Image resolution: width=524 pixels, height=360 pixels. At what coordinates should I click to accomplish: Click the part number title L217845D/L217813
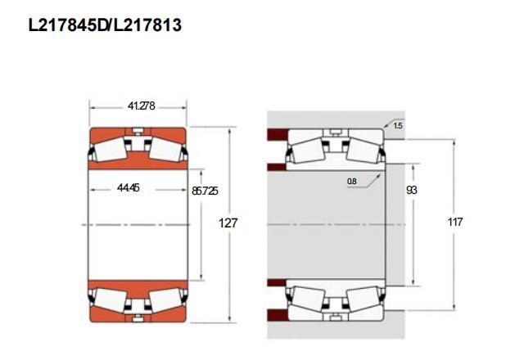point(105,25)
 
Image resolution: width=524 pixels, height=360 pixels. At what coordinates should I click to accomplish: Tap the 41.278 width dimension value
point(141,106)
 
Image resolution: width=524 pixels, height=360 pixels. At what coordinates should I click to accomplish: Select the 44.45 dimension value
point(128,187)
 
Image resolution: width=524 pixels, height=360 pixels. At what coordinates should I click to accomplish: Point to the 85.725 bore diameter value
point(205,191)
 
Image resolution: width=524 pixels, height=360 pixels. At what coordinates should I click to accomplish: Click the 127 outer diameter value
point(228,223)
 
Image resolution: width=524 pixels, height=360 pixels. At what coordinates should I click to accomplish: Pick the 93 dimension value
point(411,190)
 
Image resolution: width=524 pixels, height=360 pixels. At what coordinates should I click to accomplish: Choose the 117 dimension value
point(455,222)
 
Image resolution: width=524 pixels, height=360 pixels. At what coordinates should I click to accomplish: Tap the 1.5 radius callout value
point(398,126)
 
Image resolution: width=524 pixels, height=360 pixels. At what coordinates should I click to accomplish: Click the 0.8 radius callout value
point(351,182)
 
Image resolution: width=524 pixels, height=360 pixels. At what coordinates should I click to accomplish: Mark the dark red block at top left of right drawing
point(278,134)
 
